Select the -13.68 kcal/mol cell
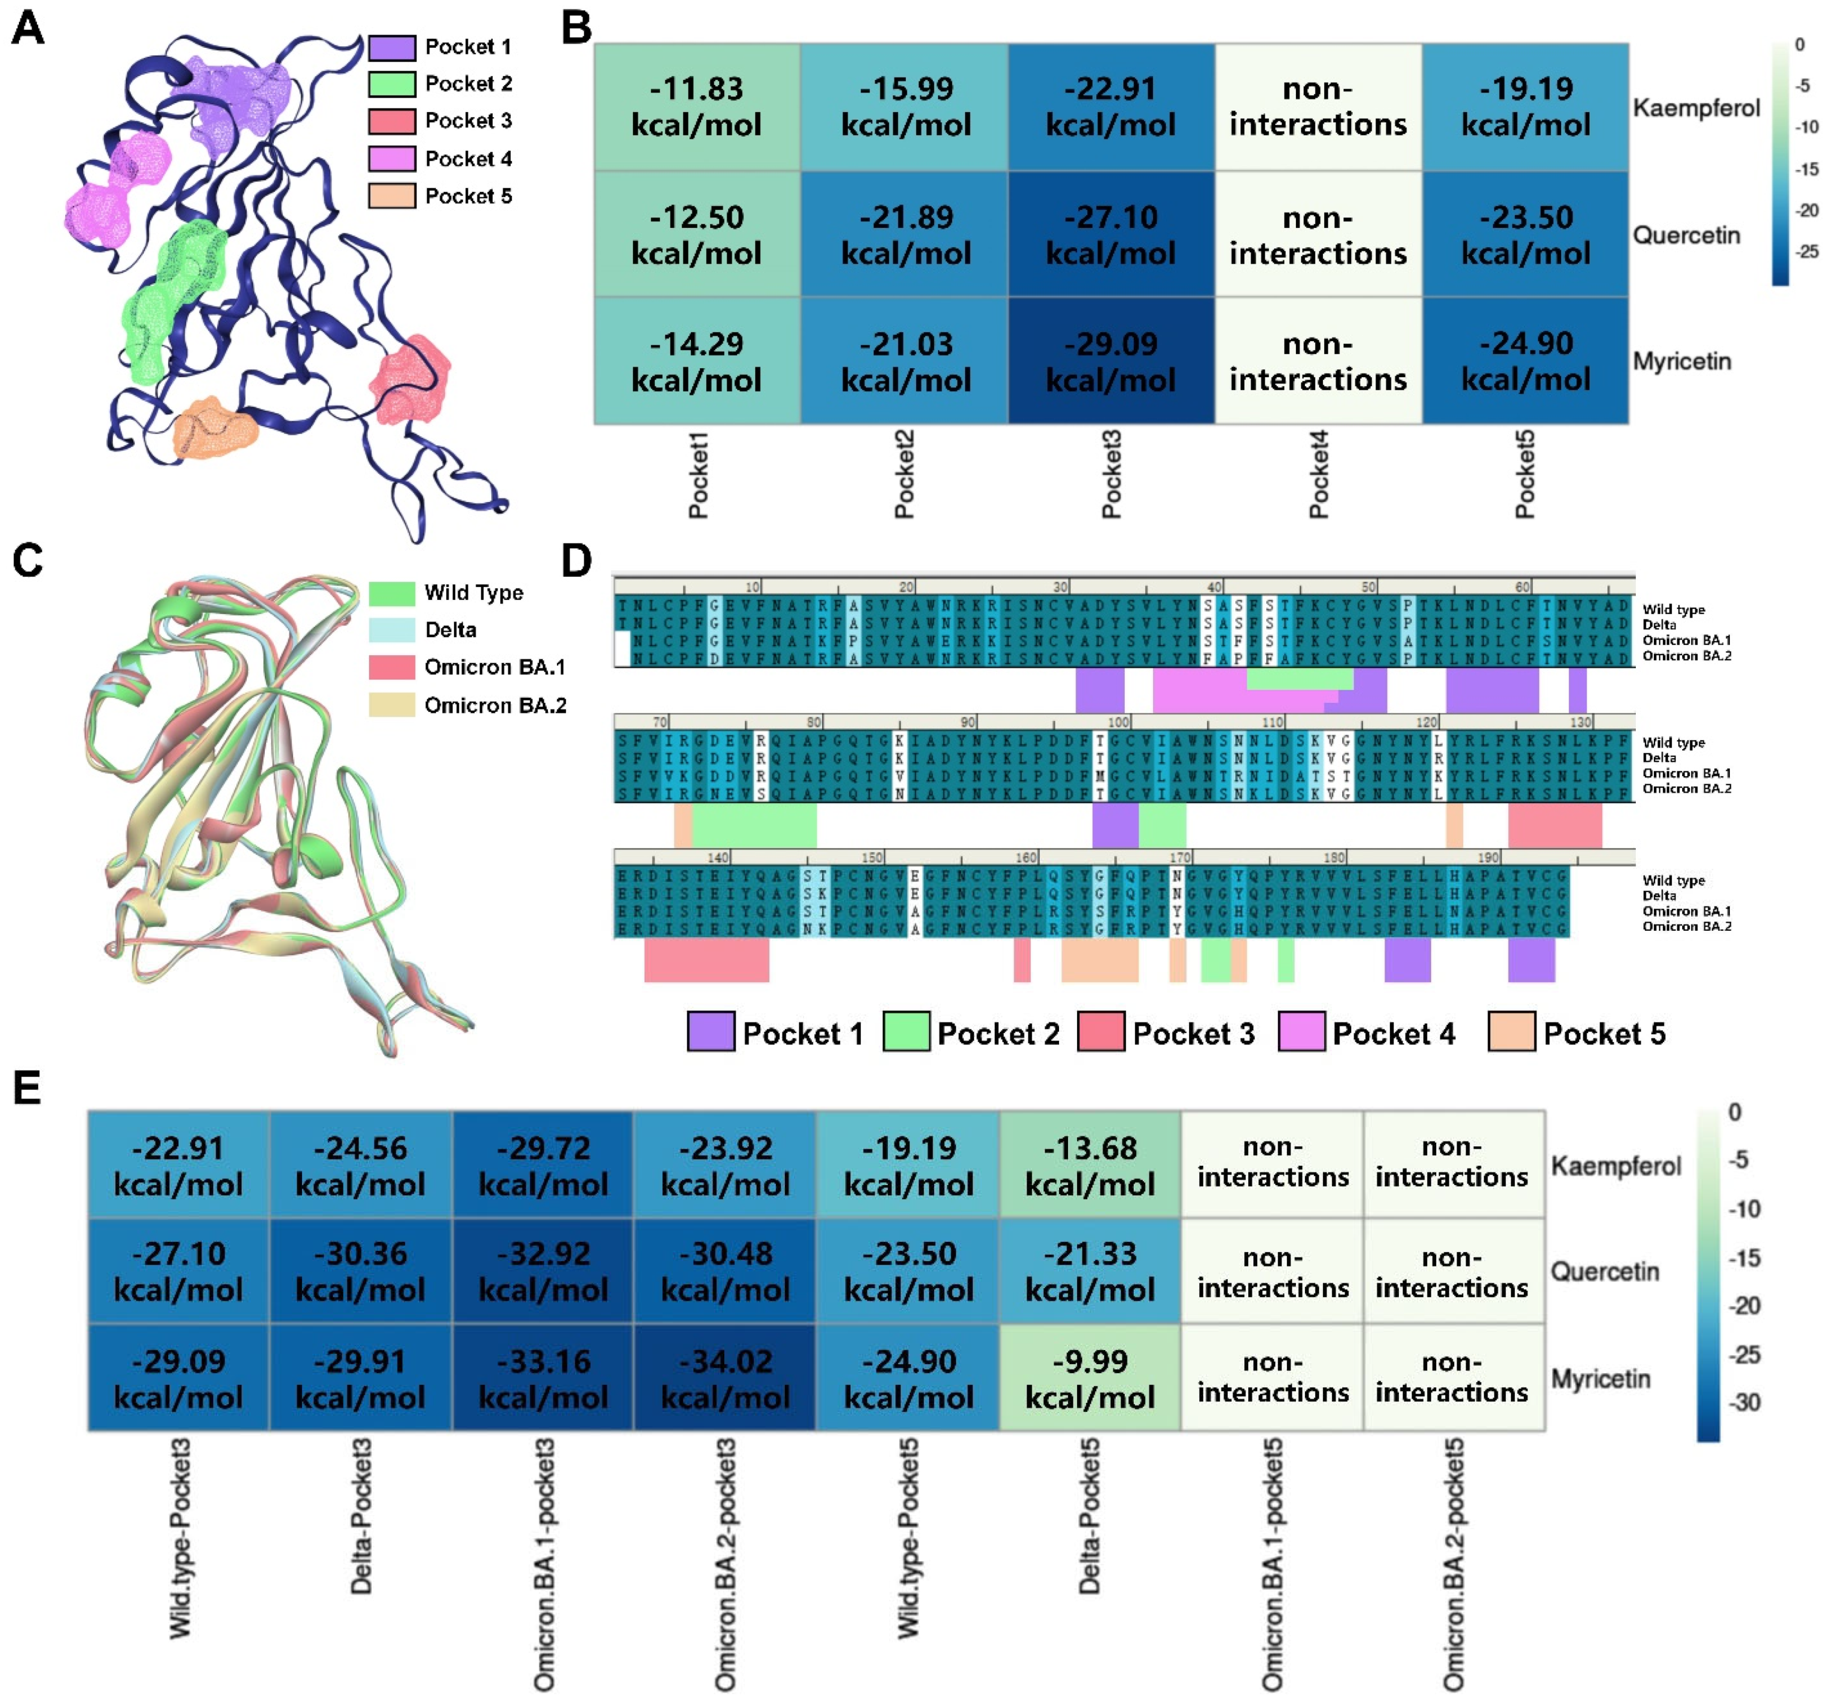coord(1089,1165)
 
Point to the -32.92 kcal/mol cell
coord(543,1271)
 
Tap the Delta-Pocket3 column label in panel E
coord(361,1515)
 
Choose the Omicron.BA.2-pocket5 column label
coord(1453,1564)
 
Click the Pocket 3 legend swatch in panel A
coord(392,121)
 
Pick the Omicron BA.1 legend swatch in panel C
coord(392,667)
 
